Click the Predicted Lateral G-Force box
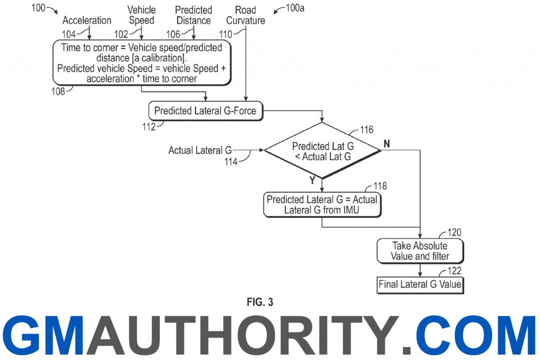tap(206, 111)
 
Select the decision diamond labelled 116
tap(323, 151)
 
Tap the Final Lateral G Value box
tap(420, 285)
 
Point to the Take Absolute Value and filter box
tap(420, 251)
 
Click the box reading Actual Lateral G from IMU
tap(322, 205)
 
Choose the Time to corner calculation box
tap(141, 63)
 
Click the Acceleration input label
tap(87, 21)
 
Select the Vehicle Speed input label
tap(141, 15)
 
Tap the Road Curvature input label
tap(246, 15)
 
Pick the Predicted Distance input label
tap(194, 15)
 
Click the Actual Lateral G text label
tap(200, 150)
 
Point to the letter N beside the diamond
tap(387, 143)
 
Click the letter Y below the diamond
tap(312, 180)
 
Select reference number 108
tap(58, 91)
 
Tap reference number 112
tap(149, 127)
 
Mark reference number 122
tap(454, 271)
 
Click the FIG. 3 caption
tap(260, 302)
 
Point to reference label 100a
tap(295, 8)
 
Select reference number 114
tap(231, 161)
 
